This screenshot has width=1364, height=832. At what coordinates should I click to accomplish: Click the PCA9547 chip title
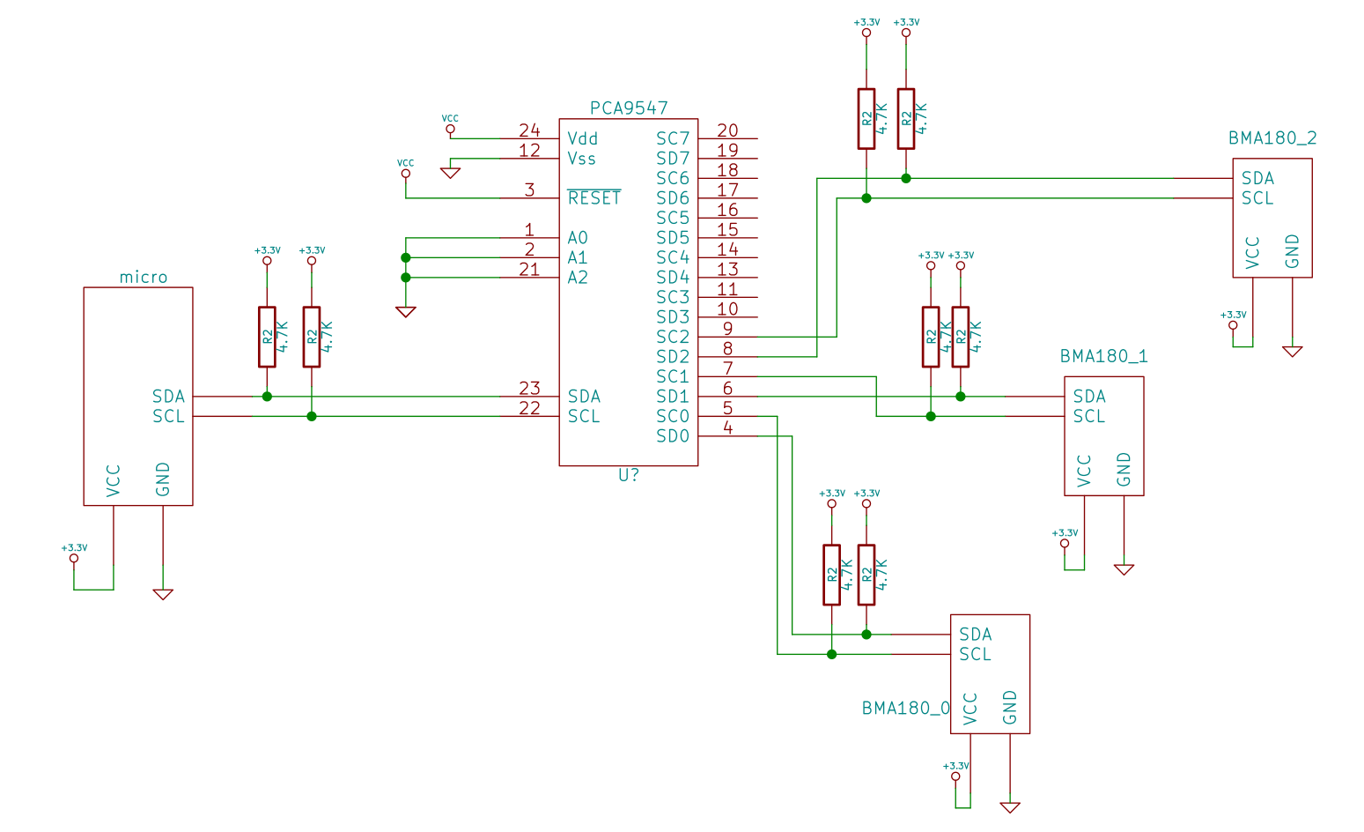click(x=629, y=108)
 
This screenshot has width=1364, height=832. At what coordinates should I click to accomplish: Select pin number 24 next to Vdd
click(x=529, y=130)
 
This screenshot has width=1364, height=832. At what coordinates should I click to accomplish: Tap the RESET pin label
click(x=594, y=198)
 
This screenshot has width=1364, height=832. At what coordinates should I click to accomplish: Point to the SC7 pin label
click(x=673, y=139)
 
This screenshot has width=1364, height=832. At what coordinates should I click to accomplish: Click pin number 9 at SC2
click(x=727, y=329)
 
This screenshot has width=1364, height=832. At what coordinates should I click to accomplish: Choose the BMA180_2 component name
click(x=1272, y=138)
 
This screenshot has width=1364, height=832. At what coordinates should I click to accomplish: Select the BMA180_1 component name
click(x=1103, y=356)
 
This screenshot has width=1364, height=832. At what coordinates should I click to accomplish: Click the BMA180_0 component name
click(x=905, y=709)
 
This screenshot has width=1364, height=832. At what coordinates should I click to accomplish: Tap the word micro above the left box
click(x=144, y=278)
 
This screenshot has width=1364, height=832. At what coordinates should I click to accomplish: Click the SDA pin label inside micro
click(x=168, y=397)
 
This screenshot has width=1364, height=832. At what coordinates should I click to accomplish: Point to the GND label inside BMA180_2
click(x=1292, y=251)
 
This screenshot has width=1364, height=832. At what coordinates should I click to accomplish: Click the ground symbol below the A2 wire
click(x=406, y=311)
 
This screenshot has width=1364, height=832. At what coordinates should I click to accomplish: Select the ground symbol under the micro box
click(x=163, y=594)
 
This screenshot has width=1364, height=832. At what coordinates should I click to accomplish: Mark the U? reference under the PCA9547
click(x=629, y=475)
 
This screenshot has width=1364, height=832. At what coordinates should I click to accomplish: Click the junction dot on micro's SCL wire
click(x=312, y=416)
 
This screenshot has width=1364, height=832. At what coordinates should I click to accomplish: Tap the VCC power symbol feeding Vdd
click(x=450, y=129)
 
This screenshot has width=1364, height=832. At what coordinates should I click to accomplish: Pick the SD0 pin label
click(x=673, y=436)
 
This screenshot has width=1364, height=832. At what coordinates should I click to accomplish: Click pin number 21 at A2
click(x=529, y=270)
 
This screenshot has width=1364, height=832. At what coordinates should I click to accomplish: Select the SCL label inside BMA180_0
click(x=975, y=654)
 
